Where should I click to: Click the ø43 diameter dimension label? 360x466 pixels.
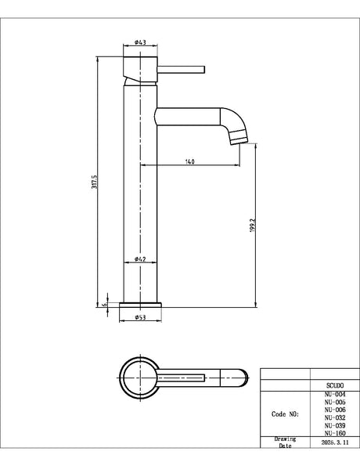pyautogui.click(x=140, y=42)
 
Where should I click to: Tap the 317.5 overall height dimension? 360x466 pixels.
pyautogui.click(x=95, y=182)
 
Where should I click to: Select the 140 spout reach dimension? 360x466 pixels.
pyautogui.click(x=190, y=161)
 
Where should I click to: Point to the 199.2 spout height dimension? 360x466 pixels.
pyautogui.click(x=253, y=226)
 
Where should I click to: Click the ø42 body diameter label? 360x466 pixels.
pyautogui.click(x=140, y=259)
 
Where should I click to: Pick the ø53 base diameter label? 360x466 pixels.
pyautogui.click(x=140, y=317)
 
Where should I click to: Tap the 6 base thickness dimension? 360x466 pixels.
pyautogui.click(x=104, y=305)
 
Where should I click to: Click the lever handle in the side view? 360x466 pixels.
pyautogui.click(x=181, y=70)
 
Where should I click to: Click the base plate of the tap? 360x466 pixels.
pyautogui.click(x=140, y=305)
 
